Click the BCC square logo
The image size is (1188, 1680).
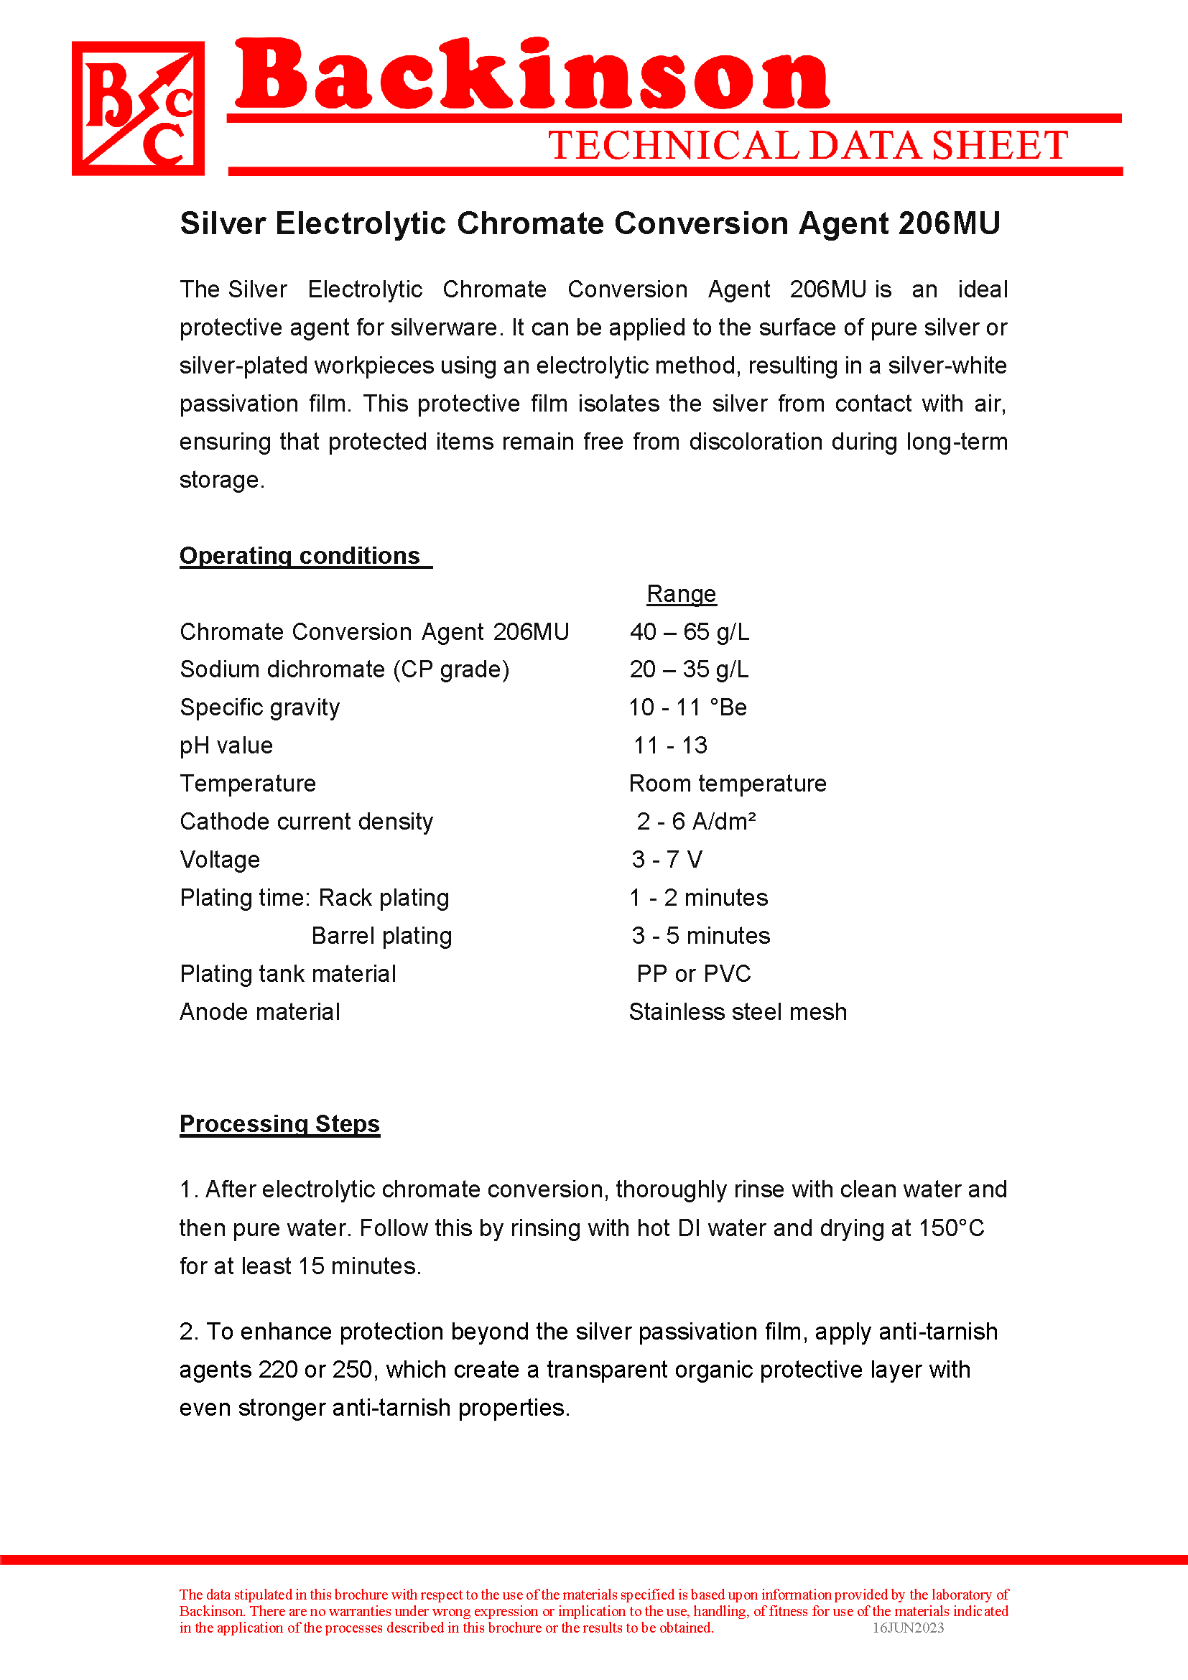tap(137, 108)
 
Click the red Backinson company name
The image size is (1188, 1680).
tap(532, 75)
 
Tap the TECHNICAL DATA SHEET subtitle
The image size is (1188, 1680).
tap(807, 145)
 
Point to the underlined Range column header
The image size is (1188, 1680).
tap(681, 594)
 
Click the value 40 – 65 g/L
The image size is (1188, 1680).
tap(689, 632)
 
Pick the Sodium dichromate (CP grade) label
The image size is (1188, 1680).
tap(345, 669)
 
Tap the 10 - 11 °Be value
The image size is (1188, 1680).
tap(687, 707)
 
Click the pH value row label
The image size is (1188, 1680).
tap(226, 746)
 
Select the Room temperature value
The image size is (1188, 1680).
tap(727, 784)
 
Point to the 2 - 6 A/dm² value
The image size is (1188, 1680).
tap(696, 822)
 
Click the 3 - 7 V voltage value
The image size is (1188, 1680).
tap(667, 860)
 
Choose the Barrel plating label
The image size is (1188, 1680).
tap(381, 936)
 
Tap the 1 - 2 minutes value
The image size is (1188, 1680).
tap(699, 898)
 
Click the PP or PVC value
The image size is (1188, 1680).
tap(694, 974)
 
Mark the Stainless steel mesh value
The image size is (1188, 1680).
tap(738, 1012)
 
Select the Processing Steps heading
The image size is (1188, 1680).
tap(279, 1124)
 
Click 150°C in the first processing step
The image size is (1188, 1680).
tap(951, 1228)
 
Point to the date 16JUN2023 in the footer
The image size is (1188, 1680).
tap(908, 1628)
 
